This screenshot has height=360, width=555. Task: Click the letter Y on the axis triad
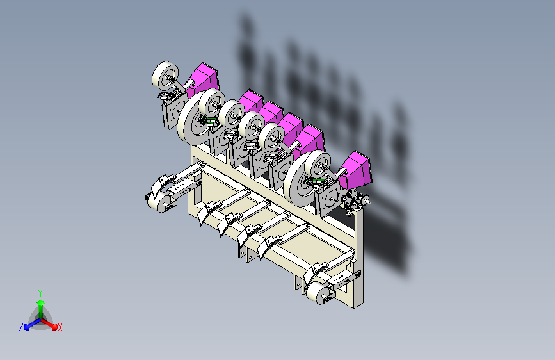click(x=40, y=293)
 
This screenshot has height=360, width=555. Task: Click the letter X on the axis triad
click(x=60, y=327)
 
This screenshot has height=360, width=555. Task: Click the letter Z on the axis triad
click(x=21, y=327)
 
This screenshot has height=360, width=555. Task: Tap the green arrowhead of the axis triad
click(x=41, y=302)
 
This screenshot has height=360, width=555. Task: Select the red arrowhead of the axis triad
click(x=54, y=327)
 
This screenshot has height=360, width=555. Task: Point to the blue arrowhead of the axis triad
click(x=27, y=327)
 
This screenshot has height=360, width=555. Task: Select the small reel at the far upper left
click(x=165, y=76)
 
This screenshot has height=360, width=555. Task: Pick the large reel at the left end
click(x=193, y=118)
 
